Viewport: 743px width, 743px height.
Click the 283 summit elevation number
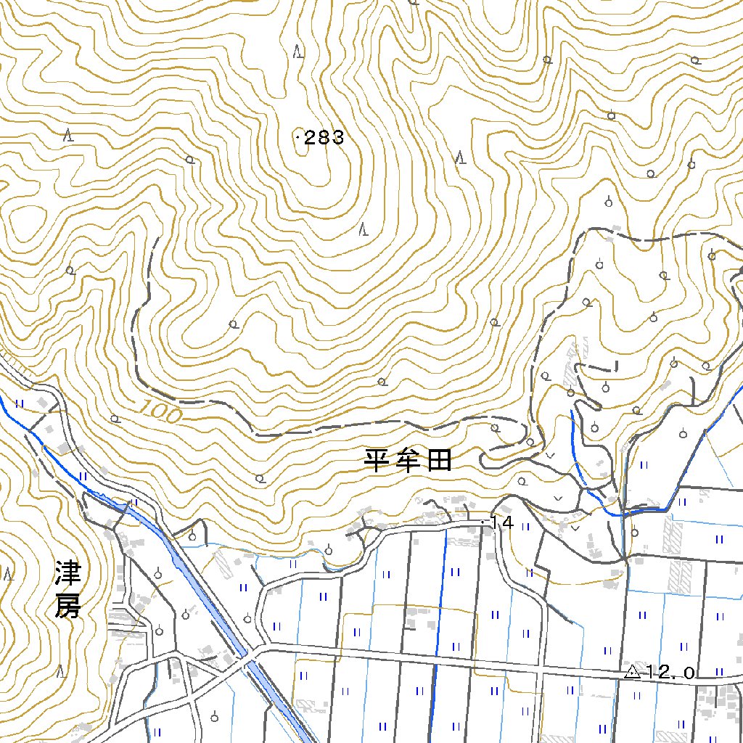(324, 138)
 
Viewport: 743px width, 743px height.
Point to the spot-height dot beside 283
(298, 136)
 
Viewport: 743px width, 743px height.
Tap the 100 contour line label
(157, 411)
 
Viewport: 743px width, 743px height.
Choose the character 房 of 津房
(67, 607)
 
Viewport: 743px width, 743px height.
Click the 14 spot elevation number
(502, 522)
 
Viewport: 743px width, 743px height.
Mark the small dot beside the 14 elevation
(484, 521)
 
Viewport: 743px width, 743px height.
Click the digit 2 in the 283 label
(310, 138)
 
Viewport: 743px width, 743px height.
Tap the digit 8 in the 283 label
(324, 138)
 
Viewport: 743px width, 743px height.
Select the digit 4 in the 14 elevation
(507, 522)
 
